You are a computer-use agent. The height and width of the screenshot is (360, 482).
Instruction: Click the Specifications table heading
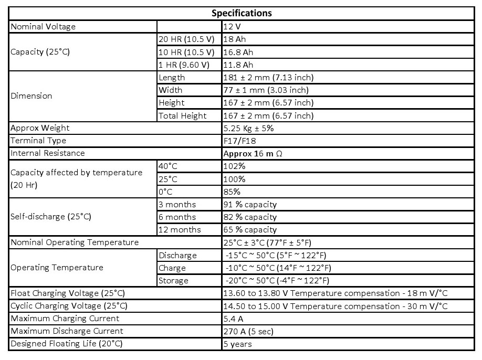pyautogui.click(x=242, y=13)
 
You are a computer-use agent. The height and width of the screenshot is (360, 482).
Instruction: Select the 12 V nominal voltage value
pyautogui.click(x=232, y=26)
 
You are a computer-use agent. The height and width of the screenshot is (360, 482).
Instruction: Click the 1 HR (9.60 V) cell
pyautogui.click(x=184, y=65)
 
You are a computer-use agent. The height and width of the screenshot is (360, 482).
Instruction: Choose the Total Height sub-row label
pyautogui.click(x=182, y=115)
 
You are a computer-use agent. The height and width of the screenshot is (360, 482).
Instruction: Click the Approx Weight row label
pyautogui.click(x=40, y=128)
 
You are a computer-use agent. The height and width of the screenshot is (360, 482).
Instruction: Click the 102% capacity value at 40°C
pyautogui.click(x=234, y=166)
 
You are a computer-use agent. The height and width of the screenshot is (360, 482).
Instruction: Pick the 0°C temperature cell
pyautogui.click(x=166, y=191)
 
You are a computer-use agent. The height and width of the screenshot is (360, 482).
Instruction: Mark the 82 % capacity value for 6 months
pyautogui.click(x=250, y=217)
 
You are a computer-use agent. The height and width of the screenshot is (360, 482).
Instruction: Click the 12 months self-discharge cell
pyautogui.click(x=180, y=229)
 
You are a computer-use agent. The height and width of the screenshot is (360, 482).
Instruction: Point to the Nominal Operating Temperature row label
pyautogui.click(x=75, y=242)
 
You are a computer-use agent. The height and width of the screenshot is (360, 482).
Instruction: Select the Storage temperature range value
pyautogui.click(x=277, y=280)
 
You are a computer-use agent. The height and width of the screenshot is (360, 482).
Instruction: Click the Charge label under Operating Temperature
pyautogui.click(x=172, y=268)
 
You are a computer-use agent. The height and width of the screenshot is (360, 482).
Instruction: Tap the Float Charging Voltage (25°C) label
pyautogui.click(x=68, y=293)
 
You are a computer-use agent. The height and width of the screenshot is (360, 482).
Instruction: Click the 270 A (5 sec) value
pyautogui.click(x=248, y=331)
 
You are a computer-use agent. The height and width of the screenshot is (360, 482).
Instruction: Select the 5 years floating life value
pyautogui.click(x=238, y=344)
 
